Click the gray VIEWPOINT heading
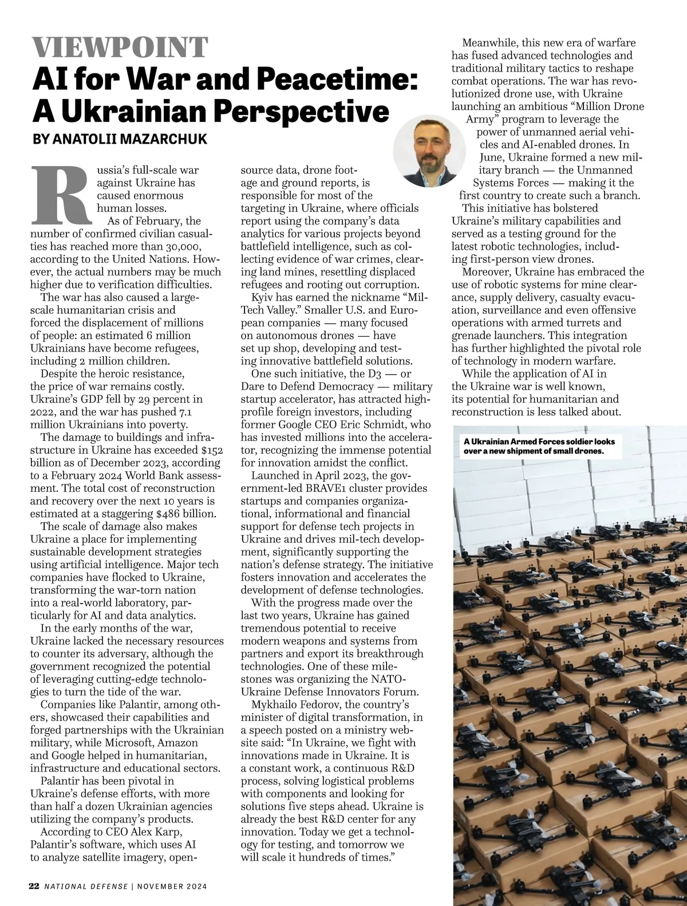coord(120,47)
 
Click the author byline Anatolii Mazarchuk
coord(120,139)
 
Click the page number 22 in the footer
coord(34,886)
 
